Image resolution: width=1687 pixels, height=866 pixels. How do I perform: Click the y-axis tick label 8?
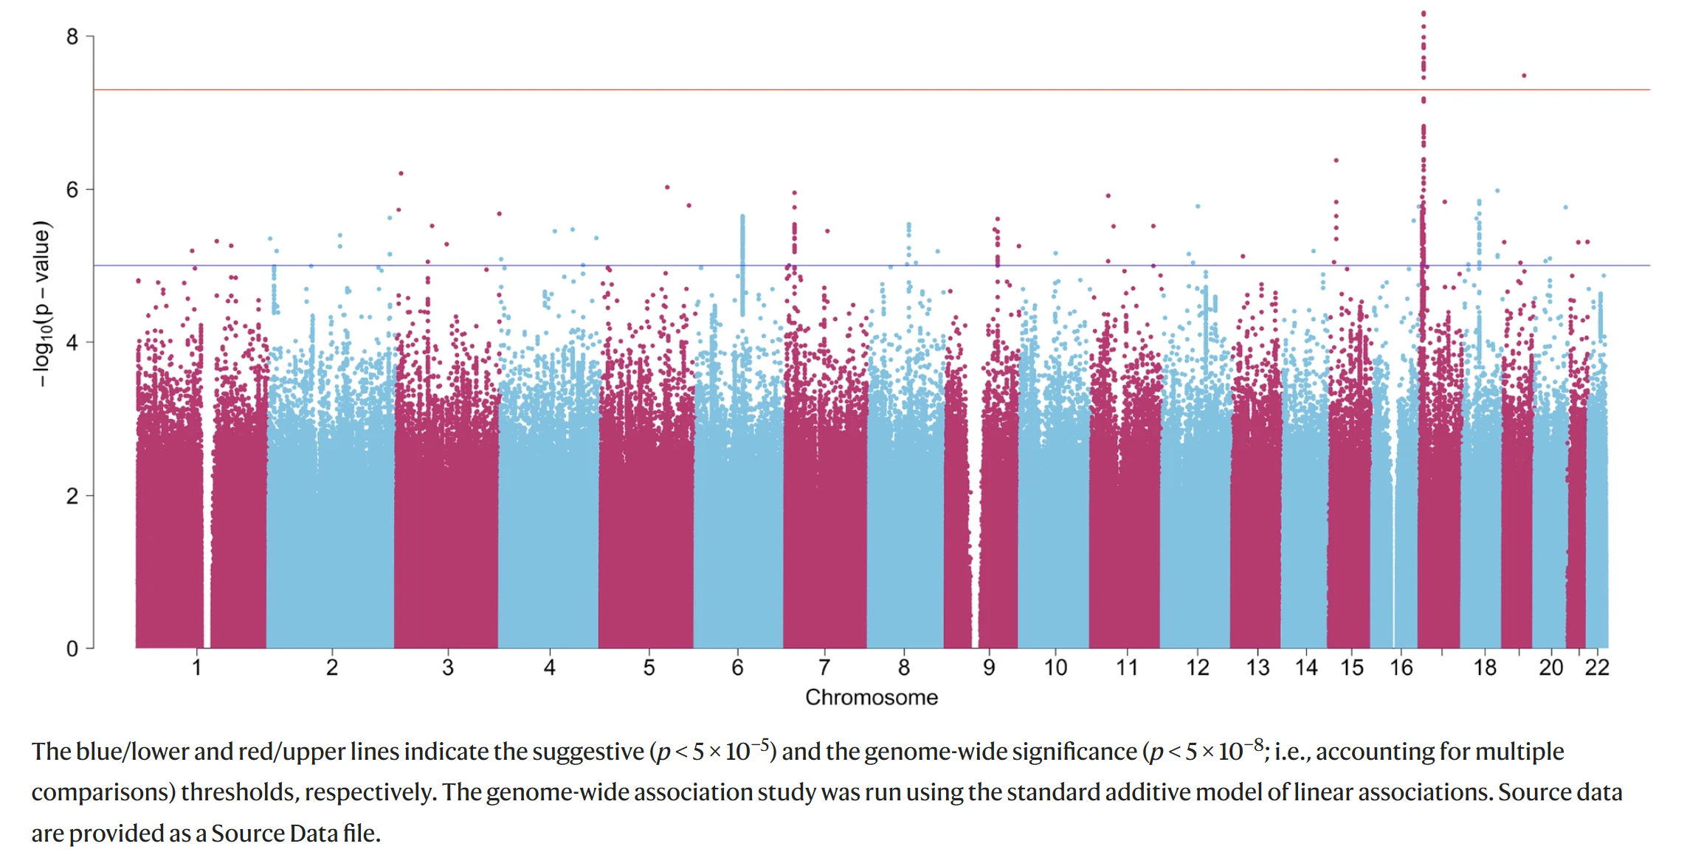[72, 37]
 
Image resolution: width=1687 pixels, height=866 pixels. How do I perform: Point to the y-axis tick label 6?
[72, 190]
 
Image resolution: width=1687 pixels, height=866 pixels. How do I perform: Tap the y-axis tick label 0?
[72, 649]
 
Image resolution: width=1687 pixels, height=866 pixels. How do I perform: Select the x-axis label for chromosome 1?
[197, 668]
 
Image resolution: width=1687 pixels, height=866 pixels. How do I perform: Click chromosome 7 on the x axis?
[824, 668]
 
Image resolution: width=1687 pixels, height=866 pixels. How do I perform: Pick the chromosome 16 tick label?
[1401, 668]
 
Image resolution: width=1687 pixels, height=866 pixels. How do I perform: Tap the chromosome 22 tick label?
[1597, 668]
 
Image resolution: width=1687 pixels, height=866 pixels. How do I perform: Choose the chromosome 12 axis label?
[1198, 668]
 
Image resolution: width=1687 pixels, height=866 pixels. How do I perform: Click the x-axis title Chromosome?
[871, 697]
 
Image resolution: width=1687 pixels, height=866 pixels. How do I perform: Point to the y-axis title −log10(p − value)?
[42, 302]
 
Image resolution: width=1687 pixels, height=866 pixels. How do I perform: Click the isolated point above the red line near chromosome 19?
[1524, 75]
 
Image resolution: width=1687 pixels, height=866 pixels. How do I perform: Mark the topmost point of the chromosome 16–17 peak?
[1424, 13]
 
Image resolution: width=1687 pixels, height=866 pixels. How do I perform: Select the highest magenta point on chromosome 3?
[401, 173]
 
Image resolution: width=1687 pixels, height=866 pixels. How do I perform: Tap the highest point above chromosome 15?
[1336, 160]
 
